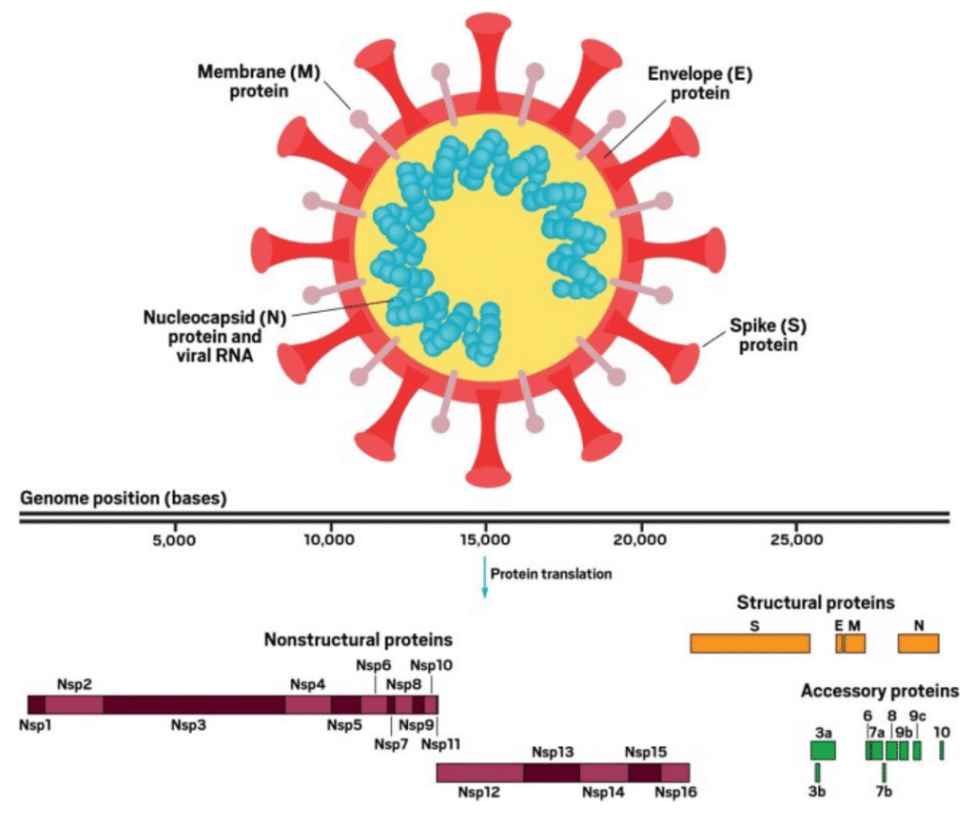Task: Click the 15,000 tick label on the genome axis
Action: tap(485, 540)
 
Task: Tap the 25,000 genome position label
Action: tap(797, 540)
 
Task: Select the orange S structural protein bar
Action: tap(750, 643)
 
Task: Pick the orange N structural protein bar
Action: tap(918, 643)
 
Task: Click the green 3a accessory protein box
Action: tap(823, 751)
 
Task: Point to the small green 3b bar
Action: tap(817, 773)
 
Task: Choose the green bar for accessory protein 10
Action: tap(942, 751)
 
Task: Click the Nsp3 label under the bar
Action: tap(188, 725)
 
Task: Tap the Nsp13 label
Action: tap(553, 753)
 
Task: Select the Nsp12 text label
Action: tap(479, 792)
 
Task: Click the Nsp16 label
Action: tap(676, 792)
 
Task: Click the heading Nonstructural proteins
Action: tap(359, 639)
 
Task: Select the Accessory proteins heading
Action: tap(880, 691)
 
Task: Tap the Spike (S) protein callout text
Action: tap(768, 335)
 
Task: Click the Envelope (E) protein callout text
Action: tap(700, 83)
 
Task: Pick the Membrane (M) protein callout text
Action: tap(259, 82)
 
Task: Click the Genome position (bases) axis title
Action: tap(124, 499)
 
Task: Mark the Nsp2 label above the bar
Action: tap(74, 684)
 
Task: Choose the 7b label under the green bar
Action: tap(884, 792)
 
